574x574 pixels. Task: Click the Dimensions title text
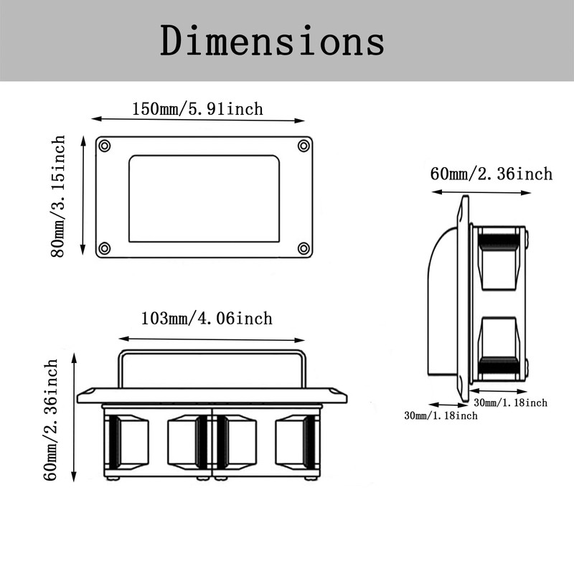point(273,41)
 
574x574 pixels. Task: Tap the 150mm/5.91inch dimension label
point(197,109)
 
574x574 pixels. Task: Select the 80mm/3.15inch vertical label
point(58,196)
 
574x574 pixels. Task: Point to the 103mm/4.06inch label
point(207,318)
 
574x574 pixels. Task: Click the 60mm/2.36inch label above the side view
point(491,174)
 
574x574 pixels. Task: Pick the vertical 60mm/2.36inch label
point(50,420)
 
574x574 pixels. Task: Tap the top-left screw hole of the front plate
point(104,146)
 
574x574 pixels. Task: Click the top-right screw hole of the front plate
point(304,146)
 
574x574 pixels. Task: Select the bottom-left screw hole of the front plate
point(104,248)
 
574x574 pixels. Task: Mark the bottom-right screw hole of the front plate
point(304,248)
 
